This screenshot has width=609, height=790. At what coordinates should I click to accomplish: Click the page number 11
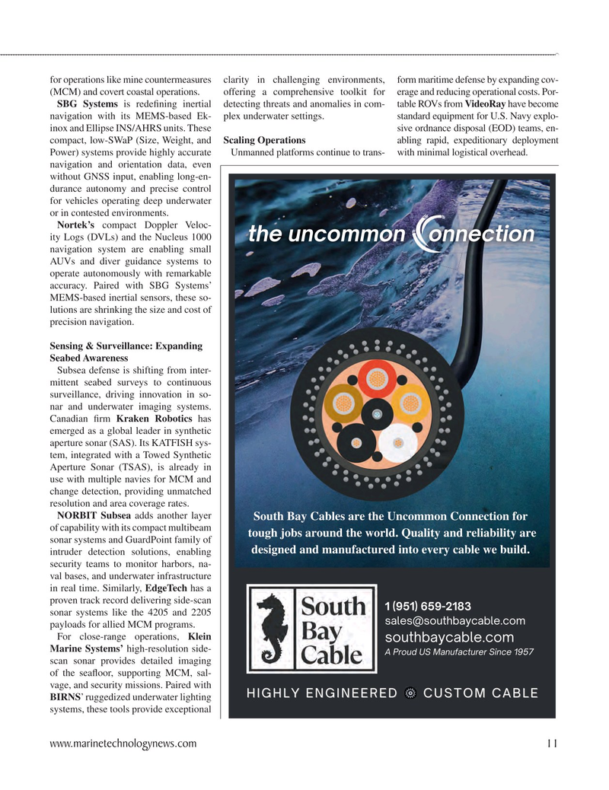click(552, 744)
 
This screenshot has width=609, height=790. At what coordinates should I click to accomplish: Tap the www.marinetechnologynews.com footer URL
click(123, 744)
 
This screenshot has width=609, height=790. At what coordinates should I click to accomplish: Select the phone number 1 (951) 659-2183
click(429, 606)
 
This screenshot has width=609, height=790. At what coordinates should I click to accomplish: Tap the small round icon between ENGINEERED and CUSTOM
click(411, 693)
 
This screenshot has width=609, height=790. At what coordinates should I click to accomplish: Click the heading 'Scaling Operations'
click(265, 140)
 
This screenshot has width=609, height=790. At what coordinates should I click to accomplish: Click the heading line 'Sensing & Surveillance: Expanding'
click(126, 346)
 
